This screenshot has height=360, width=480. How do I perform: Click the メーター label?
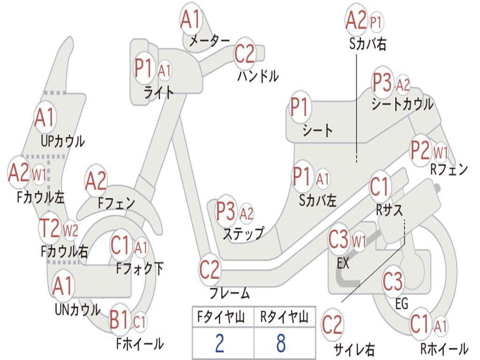pos(209,42)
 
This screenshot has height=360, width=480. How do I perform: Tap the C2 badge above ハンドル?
pos(244,54)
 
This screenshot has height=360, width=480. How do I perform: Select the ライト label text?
pos(158,92)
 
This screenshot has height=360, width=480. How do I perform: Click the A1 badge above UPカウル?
pos(45,118)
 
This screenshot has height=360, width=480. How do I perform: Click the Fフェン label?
pos(116,203)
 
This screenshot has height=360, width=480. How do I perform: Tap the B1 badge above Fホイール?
pos(119,321)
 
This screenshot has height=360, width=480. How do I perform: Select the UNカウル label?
pos(77,309)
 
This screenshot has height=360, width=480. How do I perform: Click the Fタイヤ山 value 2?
pos(219,343)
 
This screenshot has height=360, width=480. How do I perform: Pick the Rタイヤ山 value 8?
pos(281,343)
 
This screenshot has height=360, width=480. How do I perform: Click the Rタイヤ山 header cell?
pos(284,318)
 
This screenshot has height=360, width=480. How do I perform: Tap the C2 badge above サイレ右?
pos(332,324)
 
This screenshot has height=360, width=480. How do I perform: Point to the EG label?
pos(402,304)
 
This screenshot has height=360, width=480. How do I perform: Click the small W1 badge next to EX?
pos(359,242)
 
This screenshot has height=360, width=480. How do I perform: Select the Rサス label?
pos(390,210)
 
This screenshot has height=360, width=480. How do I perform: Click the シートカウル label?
pos(402,104)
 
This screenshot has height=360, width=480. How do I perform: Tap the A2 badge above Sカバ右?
pos(356,20)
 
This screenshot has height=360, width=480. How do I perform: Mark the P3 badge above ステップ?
pos(225,212)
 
